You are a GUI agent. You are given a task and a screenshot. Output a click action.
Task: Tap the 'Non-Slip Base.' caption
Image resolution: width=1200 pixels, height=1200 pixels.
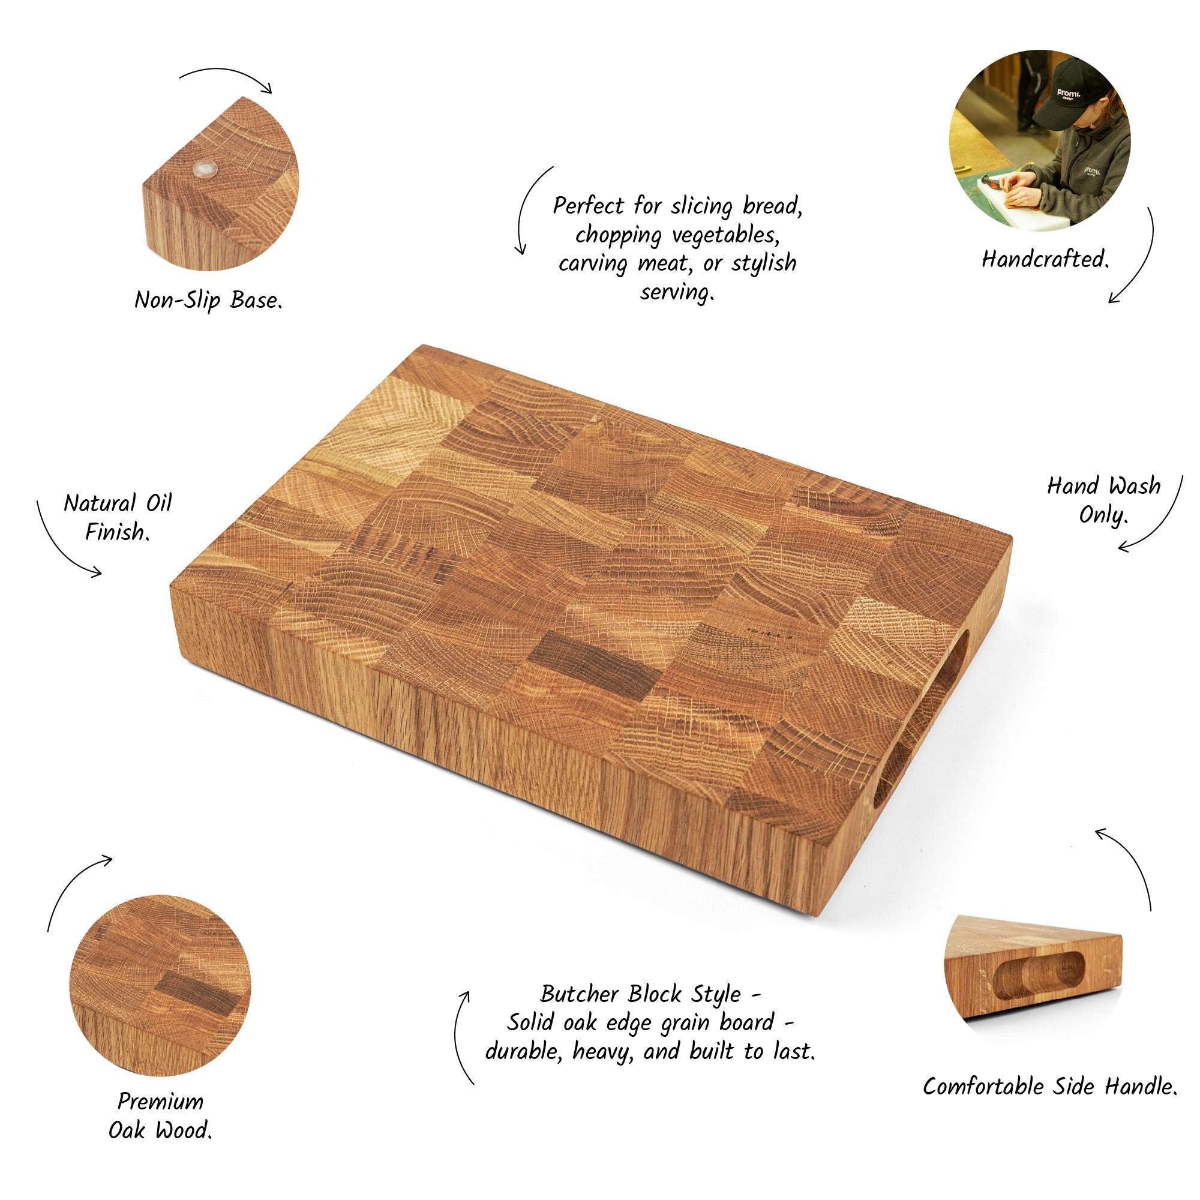209,301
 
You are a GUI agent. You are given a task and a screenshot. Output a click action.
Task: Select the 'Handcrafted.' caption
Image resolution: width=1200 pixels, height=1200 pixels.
1045,259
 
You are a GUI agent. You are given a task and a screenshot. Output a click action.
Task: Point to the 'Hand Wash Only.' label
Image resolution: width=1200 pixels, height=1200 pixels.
1104,500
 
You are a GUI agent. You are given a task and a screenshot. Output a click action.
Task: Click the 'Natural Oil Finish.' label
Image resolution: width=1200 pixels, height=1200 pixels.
118,517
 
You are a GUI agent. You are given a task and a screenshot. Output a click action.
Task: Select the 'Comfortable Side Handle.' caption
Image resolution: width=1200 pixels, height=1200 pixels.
1049,1087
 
